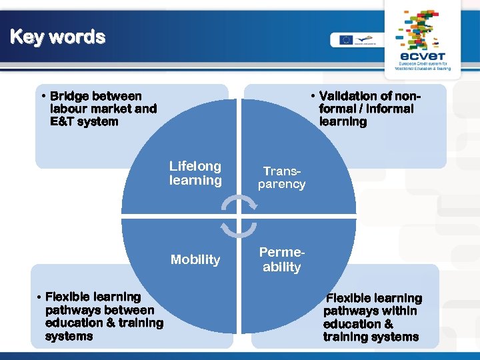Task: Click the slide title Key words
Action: point(58,37)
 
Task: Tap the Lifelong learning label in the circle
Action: point(195,173)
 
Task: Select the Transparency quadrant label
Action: point(281,178)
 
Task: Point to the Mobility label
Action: point(195,260)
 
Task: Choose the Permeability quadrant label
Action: point(281,260)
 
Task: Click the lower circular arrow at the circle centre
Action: point(235,229)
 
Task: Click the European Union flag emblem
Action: point(345,39)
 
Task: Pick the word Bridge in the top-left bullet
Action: point(69,96)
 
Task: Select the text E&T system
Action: point(84,122)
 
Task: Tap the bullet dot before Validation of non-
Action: point(313,96)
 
